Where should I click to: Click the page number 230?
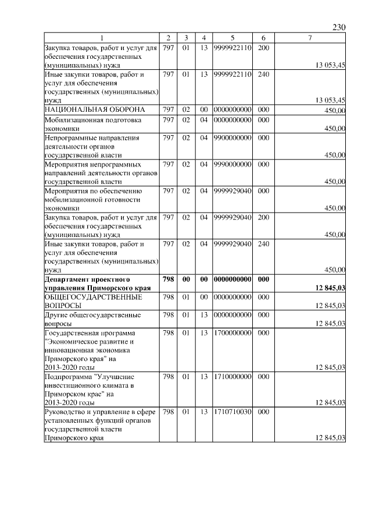click(x=339, y=27)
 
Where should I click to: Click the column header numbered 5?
click(x=232, y=38)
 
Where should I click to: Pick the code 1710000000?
click(x=232, y=377)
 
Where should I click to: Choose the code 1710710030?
click(x=232, y=412)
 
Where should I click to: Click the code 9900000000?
click(x=232, y=138)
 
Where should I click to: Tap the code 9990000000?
click(x=232, y=164)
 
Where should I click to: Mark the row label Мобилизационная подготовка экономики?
click(x=84, y=123)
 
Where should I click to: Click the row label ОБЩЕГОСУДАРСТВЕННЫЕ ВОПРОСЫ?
click(x=85, y=301)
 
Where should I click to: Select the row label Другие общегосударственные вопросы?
click(x=84, y=319)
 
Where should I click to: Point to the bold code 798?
click(x=169, y=280)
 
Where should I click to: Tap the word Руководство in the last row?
click(x=67, y=412)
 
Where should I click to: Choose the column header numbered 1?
click(x=102, y=38)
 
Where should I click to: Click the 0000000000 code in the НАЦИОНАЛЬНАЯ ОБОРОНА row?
click(x=232, y=109)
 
